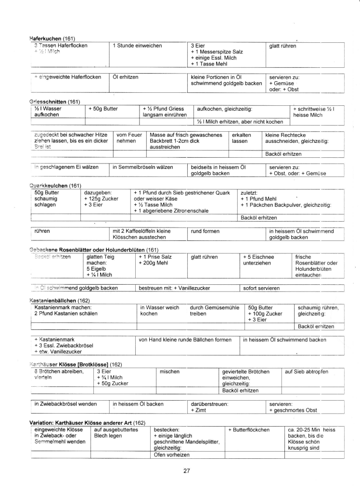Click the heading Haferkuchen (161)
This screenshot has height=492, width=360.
click(52, 38)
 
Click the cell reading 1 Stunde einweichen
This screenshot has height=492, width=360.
click(137, 46)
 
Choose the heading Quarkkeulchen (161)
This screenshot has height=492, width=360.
click(55, 186)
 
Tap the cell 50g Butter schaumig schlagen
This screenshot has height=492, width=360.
click(46, 199)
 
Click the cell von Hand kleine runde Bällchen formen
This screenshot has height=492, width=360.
click(185, 340)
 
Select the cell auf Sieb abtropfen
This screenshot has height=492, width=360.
click(307, 372)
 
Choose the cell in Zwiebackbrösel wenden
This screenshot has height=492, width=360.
click(64, 404)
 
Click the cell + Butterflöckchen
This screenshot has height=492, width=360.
click(249, 429)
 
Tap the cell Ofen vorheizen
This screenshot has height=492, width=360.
click(171, 454)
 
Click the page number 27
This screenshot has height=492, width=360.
click(187, 471)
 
